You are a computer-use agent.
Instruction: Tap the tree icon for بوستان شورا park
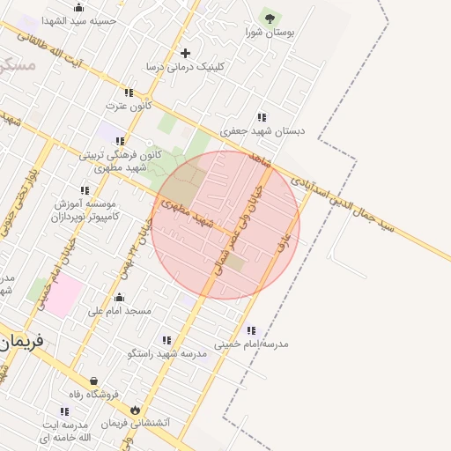pyautogui.click(x=269, y=16)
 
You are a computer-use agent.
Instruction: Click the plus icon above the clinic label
pyautogui.click(x=185, y=54)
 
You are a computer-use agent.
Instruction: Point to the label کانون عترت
pyautogui.click(x=129, y=106)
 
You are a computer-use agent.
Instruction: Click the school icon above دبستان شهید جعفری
pyautogui.click(x=262, y=117)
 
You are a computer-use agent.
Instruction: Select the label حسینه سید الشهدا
pyautogui.click(x=78, y=20)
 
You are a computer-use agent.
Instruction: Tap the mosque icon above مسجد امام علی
pyautogui.click(x=119, y=298)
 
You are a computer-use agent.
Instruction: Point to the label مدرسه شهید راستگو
pyautogui.click(x=166, y=353)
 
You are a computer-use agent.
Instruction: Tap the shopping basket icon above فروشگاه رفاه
pyautogui.click(x=82, y=381)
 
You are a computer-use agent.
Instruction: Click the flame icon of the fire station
pyautogui.click(x=135, y=410)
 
